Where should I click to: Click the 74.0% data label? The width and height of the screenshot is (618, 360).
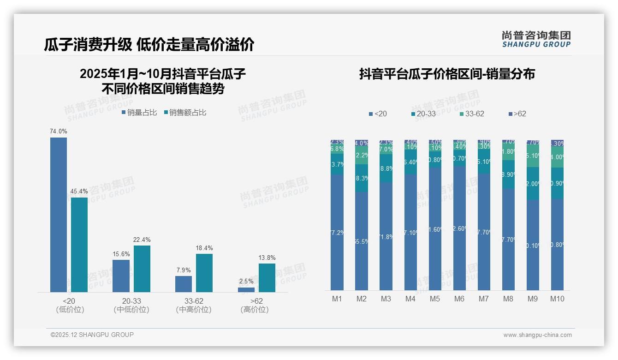(59, 132)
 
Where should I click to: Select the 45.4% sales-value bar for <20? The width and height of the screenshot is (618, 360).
(79, 245)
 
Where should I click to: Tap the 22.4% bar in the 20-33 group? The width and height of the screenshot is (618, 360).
(142, 269)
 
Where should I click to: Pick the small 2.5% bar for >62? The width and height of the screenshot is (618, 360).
(246, 290)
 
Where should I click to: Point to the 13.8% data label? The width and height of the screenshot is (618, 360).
(267, 258)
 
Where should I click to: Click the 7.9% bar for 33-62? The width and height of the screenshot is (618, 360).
(184, 284)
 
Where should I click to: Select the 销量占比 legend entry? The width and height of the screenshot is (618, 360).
(139, 113)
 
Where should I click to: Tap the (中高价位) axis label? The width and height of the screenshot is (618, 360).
(194, 310)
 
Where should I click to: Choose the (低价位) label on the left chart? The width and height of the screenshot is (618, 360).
(70, 310)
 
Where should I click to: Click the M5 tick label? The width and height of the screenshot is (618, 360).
(435, 299)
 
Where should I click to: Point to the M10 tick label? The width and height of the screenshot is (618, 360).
(557, 299)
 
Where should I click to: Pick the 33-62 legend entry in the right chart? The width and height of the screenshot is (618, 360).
(472, 114)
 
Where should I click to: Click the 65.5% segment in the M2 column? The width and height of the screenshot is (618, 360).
(362, 241)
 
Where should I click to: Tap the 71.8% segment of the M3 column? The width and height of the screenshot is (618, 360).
(386, 236)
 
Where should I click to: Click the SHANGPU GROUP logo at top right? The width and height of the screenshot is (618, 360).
(536, 39)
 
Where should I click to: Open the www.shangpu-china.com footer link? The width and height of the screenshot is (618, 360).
(537, 335)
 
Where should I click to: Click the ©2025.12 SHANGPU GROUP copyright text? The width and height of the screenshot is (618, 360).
(92, 335)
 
